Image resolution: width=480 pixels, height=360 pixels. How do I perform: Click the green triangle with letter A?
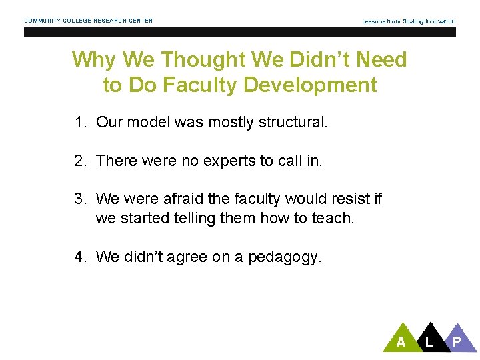[x=401, y=339]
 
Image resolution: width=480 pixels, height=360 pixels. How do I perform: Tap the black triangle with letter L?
[x=429, y=339]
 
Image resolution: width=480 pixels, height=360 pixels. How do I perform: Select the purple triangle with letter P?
[x=457, y=339]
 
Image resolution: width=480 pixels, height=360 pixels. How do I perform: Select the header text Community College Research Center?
[x=89, y=21]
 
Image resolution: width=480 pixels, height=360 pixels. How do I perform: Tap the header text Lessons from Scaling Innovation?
[x=409, y=21]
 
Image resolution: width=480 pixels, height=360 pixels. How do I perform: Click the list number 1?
[x=80, y=123]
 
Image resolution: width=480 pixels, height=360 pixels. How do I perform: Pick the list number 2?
[x=80, y=161]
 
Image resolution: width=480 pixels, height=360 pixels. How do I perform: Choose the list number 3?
[x=80, y=199]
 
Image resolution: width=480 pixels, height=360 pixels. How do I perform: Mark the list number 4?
[x=80, y=257]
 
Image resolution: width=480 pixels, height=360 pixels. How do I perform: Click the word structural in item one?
[x=294, y=123]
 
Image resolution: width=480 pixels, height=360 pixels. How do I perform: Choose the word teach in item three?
[x=332, y=218]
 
